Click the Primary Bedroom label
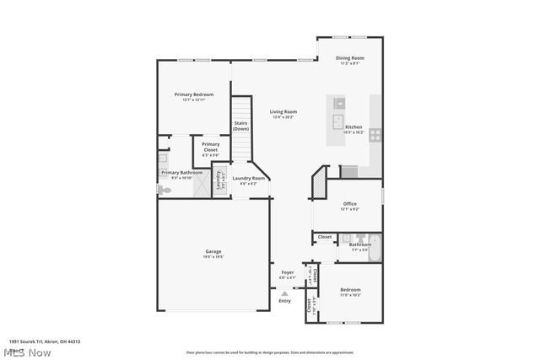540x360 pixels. pyautogui.click(x=193, y=94)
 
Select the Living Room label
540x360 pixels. pyautogui.click(x=283, y=112)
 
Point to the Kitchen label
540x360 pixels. pyautogui.click(x=354, y=127)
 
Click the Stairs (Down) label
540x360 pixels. pyautogui.click(x=240, y=126)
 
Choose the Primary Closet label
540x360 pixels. pyautogui.click(x=210, y=147)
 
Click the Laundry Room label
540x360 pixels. pyautogui.click(x=249, y=178)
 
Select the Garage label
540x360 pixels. pyautogui.click(x=213, y=251)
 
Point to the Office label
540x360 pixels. pyautogui.click(x=349, y=204)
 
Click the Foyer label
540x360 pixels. pyautogui.click(x=287, y=272)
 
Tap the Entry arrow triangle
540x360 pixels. pyautogui.click(x=284, y=292)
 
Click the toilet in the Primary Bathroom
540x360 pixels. pyautogui.click(x=163, y=191)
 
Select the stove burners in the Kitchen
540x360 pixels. pyautogui.click(x=375, y=133)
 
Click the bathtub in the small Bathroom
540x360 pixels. pyautogui.click(x=375, y=249)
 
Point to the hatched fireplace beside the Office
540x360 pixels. pyautogui.click(x=319, y=182)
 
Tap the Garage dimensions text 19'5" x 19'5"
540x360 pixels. pyautogui.click(x=213, y=257)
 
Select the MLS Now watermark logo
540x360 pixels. pyautogui.click(x=29, y=351)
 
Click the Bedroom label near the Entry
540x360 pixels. pyautogui.click(x=350, y=289)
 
